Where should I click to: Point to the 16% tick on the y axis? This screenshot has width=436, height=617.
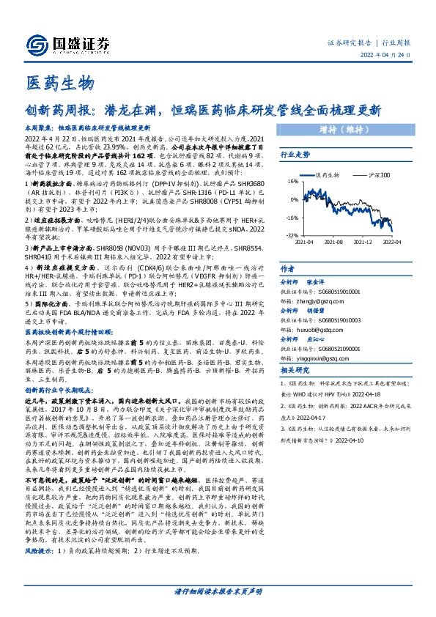pyautogui.click(x=292, y=181)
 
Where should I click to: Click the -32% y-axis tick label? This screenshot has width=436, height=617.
pyautogui.click(x=291, y=235)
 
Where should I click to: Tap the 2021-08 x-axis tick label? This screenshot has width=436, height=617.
pyautogui.click(x=333, y=241)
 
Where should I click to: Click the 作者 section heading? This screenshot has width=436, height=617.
pyautogui.click(x=288, y=270)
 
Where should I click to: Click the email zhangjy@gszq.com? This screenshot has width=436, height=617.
pyautogui.click(x=320, y=300)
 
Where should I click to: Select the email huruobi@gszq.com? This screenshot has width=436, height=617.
pyautogui.click(x=319, y=330)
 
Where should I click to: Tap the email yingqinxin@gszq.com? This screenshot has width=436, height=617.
pyautogui.click(x=321, y=360)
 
